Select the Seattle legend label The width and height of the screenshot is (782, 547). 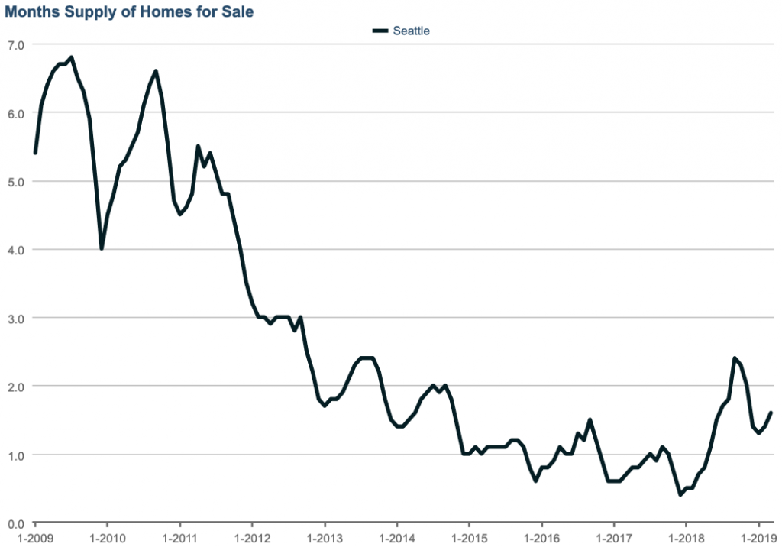point(412,31)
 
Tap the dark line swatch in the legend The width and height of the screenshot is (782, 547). point(380,31)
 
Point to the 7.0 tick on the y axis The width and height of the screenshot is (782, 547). point(16,45)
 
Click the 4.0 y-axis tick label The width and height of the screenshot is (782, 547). point(16,250)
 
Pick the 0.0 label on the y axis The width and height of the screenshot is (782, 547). point(16,523)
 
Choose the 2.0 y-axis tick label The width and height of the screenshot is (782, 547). point(16,387)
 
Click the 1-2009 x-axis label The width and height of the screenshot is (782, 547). point(35,537)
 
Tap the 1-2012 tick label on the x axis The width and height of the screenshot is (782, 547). point(252,537)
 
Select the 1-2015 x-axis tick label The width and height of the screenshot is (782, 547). point(469,537)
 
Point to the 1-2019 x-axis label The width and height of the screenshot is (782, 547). point(758,537)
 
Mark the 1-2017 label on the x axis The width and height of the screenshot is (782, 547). point(613,537)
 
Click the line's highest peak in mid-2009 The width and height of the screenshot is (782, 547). point(71,57)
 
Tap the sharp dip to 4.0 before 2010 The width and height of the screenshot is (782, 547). point(102,249)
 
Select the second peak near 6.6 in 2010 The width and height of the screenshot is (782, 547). point(156,71)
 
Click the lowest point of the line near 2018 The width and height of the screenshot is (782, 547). point(680,495)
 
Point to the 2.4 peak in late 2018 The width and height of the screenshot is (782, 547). point(734,358)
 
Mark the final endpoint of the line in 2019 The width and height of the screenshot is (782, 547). point(771,413)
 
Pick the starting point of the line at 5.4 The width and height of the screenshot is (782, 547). point(35,154)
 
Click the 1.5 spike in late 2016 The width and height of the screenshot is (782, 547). point(590,419)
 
